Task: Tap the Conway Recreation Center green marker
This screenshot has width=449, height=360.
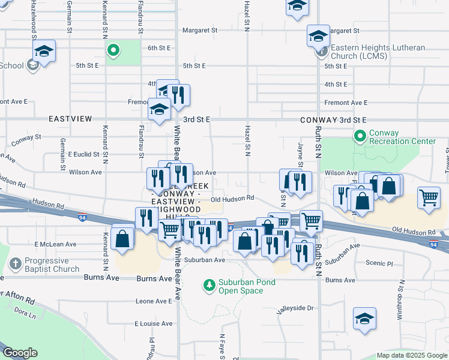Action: click(360, 137)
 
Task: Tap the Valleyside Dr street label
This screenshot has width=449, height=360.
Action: click(295, 308)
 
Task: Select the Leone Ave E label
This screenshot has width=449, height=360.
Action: click(154, 301)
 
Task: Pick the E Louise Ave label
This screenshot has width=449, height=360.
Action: click(154, 323)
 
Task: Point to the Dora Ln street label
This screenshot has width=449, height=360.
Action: click(25, 313)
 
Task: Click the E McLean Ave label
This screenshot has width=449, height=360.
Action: click(56, 244)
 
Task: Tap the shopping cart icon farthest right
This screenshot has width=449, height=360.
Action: click(429, 197)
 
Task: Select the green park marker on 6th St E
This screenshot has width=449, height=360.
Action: click(112, 50)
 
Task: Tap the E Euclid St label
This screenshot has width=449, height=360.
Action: click(83, 154)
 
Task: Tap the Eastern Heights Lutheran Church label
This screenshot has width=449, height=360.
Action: click(378, 52)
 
